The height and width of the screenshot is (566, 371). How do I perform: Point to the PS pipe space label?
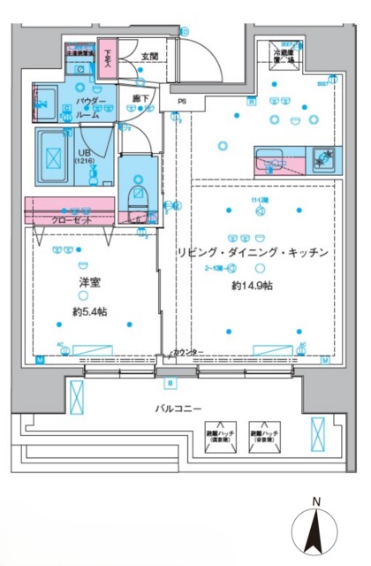181,102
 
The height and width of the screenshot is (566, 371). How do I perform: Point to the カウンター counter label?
186,353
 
